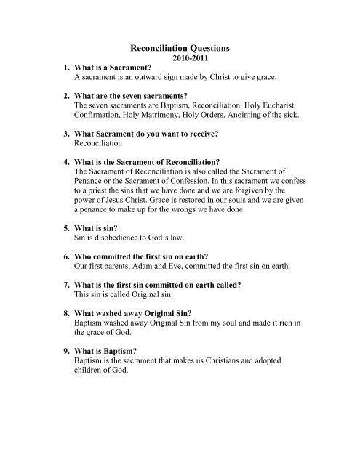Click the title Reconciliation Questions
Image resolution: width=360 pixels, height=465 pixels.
click(x=179, y=48)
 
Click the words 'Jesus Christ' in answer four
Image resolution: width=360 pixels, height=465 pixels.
click(x=137, y=234)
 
